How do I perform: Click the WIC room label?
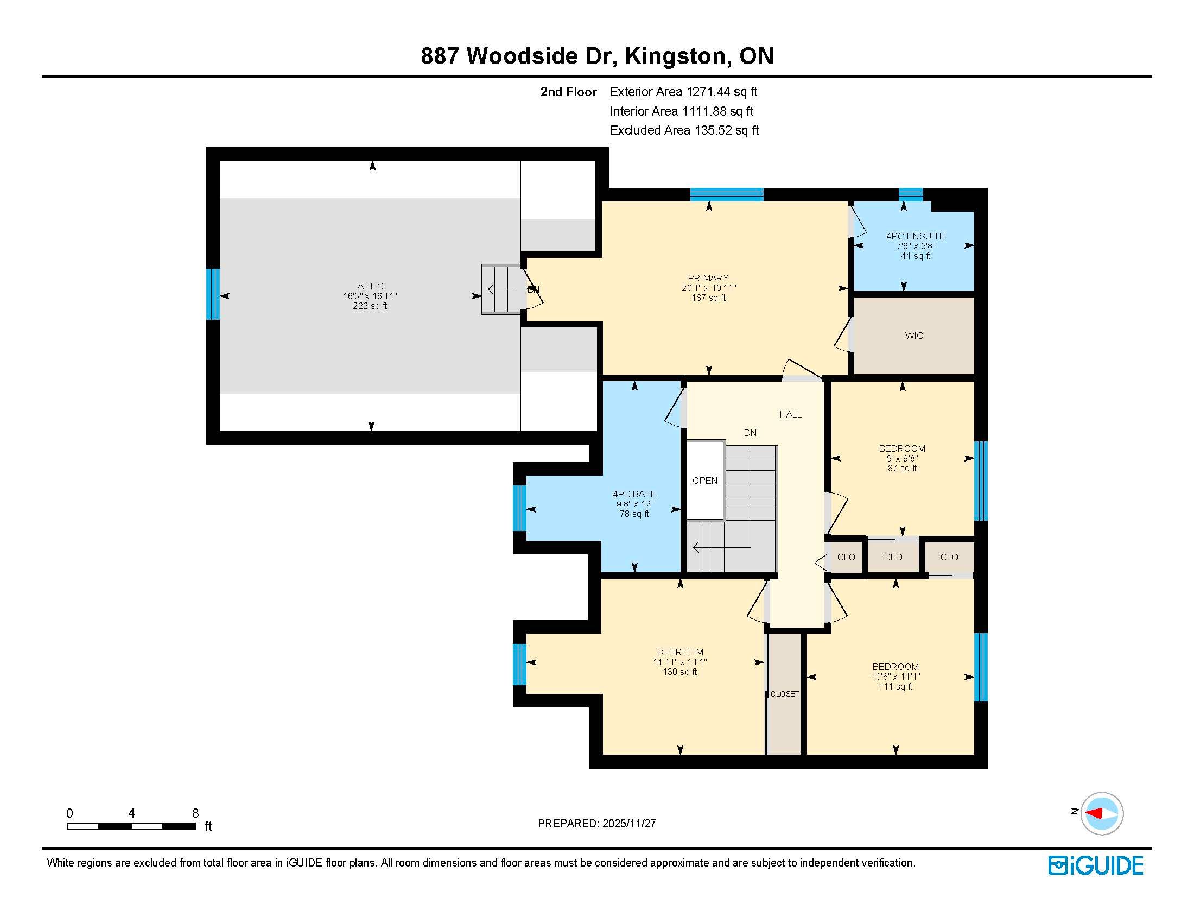tap(913, 336)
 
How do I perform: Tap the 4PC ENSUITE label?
tap(915, 236)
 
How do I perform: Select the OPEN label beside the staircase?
tap(704, 481)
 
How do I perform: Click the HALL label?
tap(791, 414)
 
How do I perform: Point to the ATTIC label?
tap(370, 286)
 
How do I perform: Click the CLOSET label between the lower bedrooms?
tap(785, 694)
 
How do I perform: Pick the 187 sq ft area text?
tap(708, 298)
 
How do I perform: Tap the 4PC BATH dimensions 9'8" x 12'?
tap(634, 504)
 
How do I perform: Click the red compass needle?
tap(1094, 813)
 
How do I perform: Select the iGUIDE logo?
tap(1096, 865)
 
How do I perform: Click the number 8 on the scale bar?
tap(195, 813)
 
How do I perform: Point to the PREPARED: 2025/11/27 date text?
tap(596, 824)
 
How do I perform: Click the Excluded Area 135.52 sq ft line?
tap(684, 130)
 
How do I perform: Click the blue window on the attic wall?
tap(213, 294)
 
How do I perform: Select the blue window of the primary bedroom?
tap(727, 195)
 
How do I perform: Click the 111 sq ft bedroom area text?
tap(895, 687)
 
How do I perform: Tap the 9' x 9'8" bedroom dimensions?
tap(902, 459)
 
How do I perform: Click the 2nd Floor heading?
tap(569, 92)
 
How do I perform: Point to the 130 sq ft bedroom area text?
tap(680, 672)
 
